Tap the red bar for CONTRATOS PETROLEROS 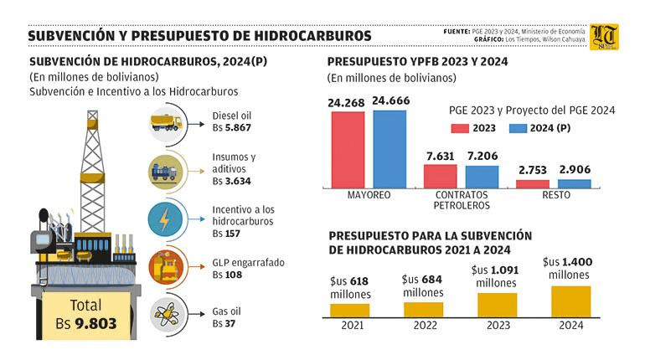[440, 176]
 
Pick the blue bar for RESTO [574, 183]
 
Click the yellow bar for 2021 [349, 310]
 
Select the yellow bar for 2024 [570, 301]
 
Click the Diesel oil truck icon [167, 123]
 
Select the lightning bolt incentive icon [167, 219]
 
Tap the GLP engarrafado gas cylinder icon [167, 268]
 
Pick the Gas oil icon [167, 316]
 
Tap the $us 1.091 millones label [498, 276]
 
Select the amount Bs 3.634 [231, 180]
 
